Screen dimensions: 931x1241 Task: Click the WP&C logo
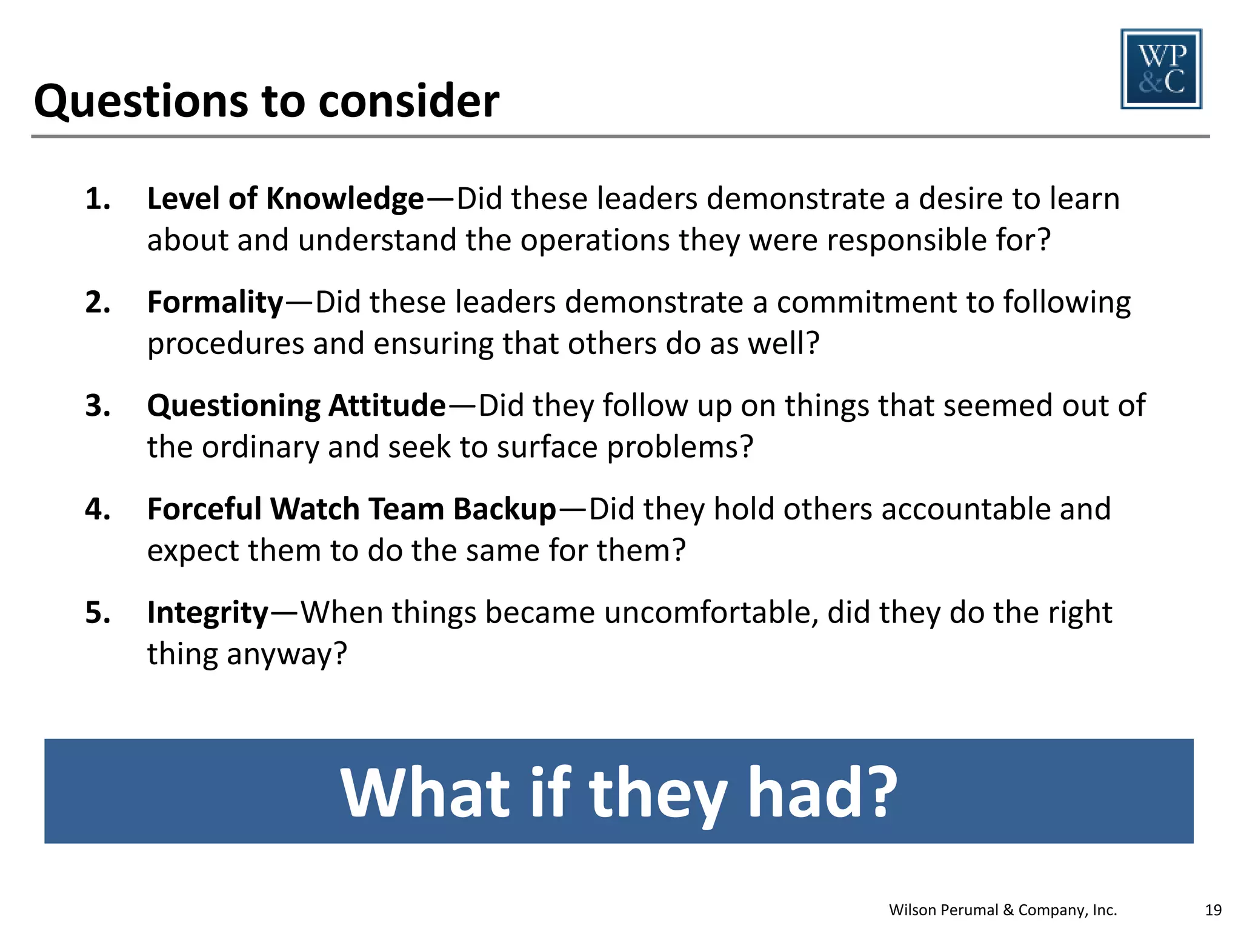click(1161, 69)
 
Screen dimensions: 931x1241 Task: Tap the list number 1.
click(98, 199)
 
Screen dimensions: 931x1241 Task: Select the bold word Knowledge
click(345, 199)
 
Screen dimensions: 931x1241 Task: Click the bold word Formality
click(215, 302)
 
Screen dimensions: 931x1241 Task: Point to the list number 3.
click(98, 405)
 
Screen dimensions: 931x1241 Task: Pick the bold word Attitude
click(387, 405)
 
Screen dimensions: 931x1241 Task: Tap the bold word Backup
click(504, 509)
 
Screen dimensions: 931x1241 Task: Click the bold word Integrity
click(207, 613)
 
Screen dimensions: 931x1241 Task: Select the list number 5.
click(98, 613)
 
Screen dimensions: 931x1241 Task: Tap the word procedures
click(225, 344)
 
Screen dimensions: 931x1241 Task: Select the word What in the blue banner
click(425, 792)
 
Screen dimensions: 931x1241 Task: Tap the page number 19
click(1213, 910)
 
